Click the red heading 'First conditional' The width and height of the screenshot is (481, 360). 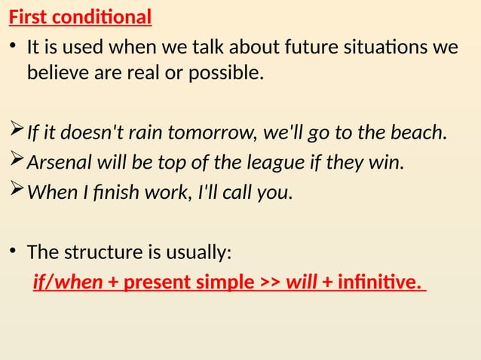pos(81,16)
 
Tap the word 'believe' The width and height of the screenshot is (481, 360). pos(55,74)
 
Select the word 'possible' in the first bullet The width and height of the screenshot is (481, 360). pos(231,74)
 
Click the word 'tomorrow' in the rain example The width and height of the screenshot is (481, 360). pos(213,134)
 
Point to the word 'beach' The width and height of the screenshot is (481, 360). pos(418,134)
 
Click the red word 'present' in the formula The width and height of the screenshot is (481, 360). pos(155,282)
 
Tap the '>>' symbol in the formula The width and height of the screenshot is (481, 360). pos(270,282)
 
